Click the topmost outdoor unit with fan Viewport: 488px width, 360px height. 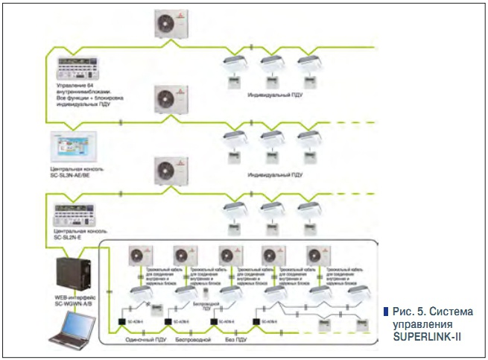pos(171,24)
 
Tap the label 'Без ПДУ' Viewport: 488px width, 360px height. pos(235,339)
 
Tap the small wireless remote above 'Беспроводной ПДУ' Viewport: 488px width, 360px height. pos(205,295)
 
